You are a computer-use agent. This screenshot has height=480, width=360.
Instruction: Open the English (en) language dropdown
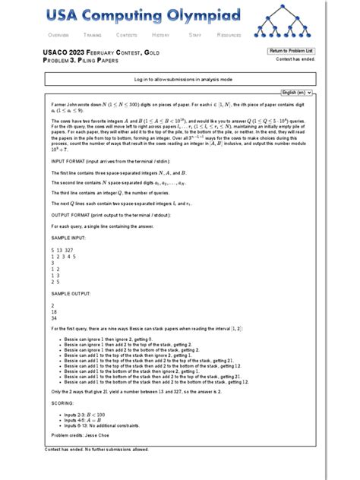[298, 92]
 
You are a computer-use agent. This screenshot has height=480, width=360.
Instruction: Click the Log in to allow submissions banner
[183, 79]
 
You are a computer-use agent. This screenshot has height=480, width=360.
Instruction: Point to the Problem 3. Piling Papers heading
[81, 59]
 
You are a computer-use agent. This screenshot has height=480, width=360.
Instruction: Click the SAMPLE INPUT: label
[69, 237]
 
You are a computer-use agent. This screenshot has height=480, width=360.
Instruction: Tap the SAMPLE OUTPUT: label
[71, 292]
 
